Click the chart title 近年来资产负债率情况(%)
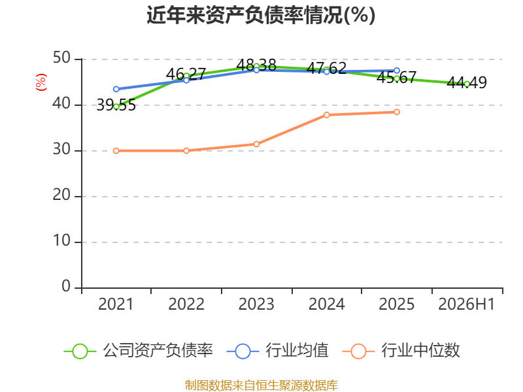pyautogui.click(x=261, y=15)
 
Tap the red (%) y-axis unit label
pyautogui.click(x=41, y=82)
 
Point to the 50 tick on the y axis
pyautogui.click(x=61, y=58)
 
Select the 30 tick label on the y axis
pyautogui.click(x=61, y=150)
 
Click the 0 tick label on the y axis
pyautogui.click(x=66, y=286)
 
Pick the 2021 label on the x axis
pyautogui.click(x=116, y=304)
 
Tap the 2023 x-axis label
pyautogui.click(x=256, y=304)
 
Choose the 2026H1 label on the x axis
pyautogui.click(x=466, y=304)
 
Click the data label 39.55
pyautogui.click(x=116, y=105)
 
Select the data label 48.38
pyautogui.click(x=256, y=65)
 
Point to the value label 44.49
pyautogui.click(x=467, y=83)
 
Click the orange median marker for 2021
pyautogui.click(x=116, y=151)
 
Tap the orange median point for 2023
pyautogui.click(x=256, y=144)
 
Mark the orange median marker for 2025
pyautogui.click(x=397, y=112)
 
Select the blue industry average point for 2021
pyautogui.click(x=116, y=89)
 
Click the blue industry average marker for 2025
pyautogui.click(x=397, y=71)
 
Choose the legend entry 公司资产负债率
pyautogui.click(x=138, y=351)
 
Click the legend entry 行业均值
pyautogui.click(x=277, y=351)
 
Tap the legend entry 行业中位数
pyautogui.click(x=401, y=351)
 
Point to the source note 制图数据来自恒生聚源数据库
pyautogui.click(x=261, y=385)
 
